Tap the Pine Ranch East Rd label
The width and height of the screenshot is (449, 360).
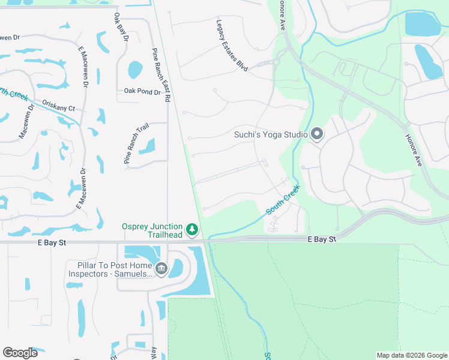161,74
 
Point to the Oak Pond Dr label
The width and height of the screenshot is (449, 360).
142,92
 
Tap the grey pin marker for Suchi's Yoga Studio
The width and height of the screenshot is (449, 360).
317,134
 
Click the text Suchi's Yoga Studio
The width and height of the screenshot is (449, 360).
271,134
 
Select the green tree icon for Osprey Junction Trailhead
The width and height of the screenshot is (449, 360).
192,229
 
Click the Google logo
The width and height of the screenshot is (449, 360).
20,353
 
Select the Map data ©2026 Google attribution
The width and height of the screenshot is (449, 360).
411,355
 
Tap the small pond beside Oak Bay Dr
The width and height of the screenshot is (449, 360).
135,70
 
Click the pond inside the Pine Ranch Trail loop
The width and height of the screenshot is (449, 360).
148,146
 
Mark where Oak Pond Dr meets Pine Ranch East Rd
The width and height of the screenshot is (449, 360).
167,92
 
